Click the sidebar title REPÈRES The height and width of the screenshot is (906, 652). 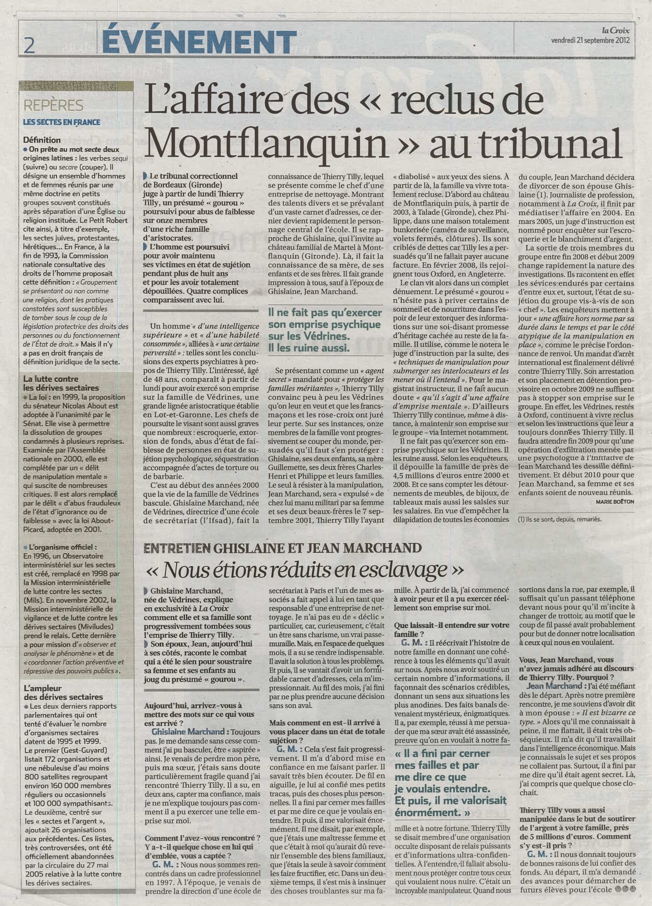tap(53, 106)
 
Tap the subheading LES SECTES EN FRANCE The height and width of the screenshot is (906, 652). tap(62, 122)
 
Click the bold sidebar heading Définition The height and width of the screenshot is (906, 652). tap(42, 140)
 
